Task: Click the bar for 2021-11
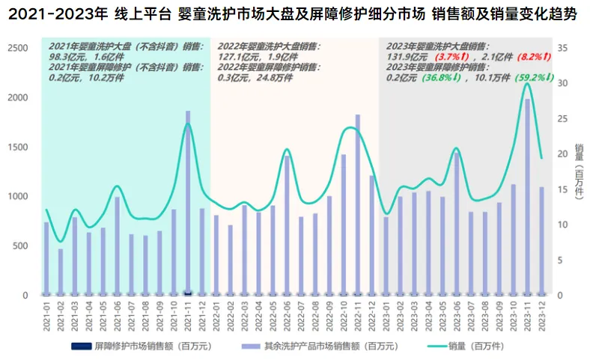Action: point(188,202)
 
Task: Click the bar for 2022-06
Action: point(287,225)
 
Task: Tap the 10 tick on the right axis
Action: point(564,225)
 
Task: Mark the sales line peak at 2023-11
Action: point(527,83)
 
